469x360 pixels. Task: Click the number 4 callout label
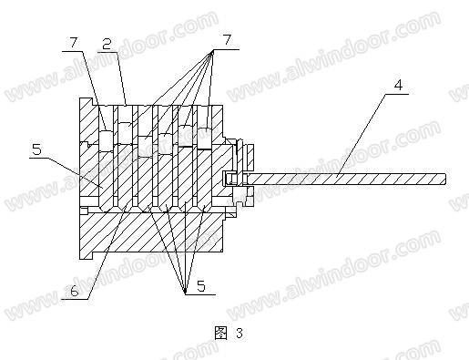[x=399, y=85]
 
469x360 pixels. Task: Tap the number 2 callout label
[x=107, y=44]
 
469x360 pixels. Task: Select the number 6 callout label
[x=75, y=292]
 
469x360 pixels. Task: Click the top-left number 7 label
[x=74, y=43]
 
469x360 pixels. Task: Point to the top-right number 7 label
[x=227, y=40]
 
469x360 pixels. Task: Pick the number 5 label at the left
[x=36, y=149]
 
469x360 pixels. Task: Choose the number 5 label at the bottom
[x=201, y=286]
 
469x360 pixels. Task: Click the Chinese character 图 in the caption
[x=220, y=334]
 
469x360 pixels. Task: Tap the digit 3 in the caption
[x=240, y=334]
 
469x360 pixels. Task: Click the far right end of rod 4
[x=445, y=179]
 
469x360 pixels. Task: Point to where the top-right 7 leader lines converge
[x=211, y=50]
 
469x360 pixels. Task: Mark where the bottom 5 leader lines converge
[x=185, y=293]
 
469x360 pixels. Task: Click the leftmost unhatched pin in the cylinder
[x=107, y=140]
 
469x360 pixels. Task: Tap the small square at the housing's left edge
[x=84, y=211]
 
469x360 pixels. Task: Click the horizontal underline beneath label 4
[x=397, y=94]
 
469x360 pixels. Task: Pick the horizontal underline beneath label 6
[x=75, y=299]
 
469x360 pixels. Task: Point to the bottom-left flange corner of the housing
[x=80, y=259]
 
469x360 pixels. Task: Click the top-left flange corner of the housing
[x=80, y=98]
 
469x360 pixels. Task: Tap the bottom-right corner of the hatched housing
[x=222, y=252]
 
